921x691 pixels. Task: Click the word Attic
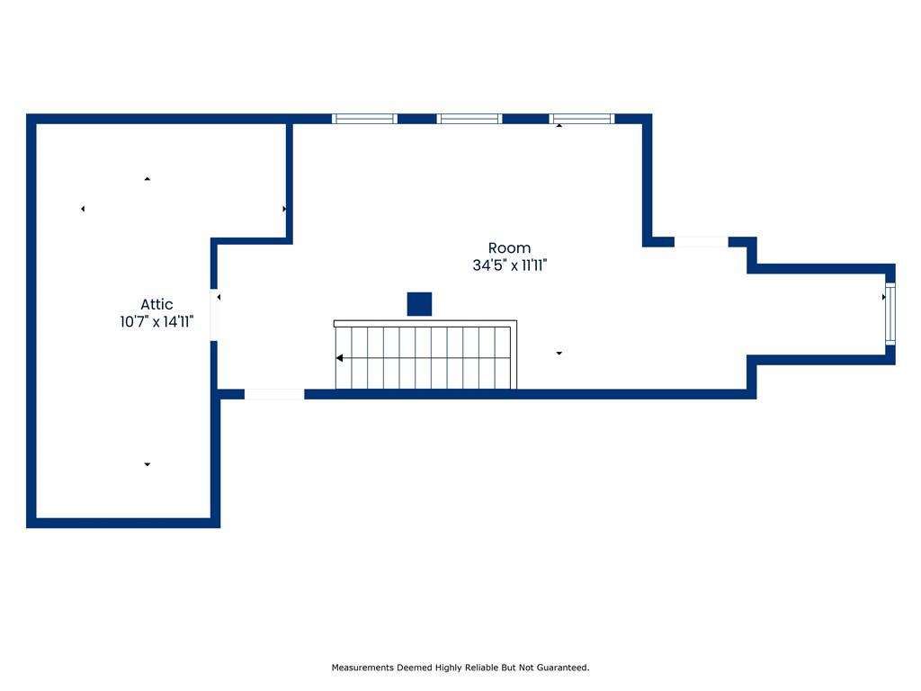click(x=156, y=304)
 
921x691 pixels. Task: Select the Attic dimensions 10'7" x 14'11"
click(x=156, y=322)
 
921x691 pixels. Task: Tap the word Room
click(x=509, y=248)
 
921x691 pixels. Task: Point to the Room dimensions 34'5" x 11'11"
click(x=509, y=265)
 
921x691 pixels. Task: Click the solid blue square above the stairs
click(x=419, y=304)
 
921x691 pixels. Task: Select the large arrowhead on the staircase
click(x=339, y=358)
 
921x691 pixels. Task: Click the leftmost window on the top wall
click(x=365, y=119)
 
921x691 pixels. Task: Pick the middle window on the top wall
click(x=469, y=119)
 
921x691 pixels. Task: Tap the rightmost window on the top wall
click(x=582, y=119)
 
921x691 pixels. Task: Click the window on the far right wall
click(x=890, y=313)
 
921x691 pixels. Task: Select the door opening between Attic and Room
click(x=215, y=314)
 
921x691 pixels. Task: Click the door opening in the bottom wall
click(x=274, y=394)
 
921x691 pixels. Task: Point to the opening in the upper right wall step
click(x=702, y=242)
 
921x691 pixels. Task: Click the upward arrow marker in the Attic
click(x=148, y=179)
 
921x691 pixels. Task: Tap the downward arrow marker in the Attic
click(x=148, y=464)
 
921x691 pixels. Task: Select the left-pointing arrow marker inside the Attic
click(x=83, y=209)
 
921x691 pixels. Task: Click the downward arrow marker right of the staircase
click(x=559, y=353)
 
